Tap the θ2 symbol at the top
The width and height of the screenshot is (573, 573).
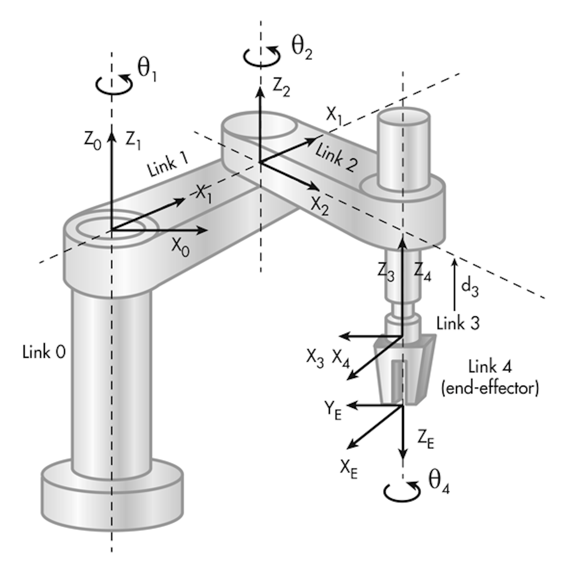302,49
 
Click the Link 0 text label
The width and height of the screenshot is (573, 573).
44,352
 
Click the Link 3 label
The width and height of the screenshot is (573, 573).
458,323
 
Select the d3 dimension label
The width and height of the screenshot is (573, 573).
470,287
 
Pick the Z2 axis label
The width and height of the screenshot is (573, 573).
281,88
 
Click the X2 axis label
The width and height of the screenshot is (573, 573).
320,206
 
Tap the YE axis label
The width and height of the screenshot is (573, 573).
333,410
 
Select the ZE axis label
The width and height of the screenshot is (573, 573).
425,439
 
